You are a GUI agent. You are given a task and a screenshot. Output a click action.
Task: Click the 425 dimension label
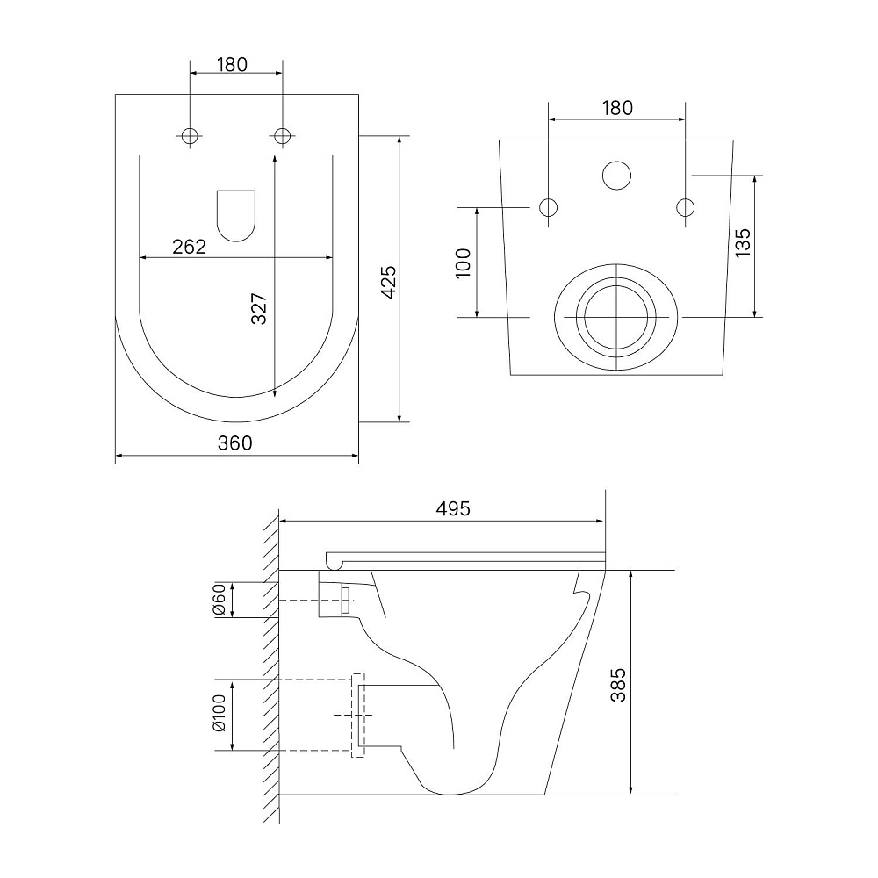389,282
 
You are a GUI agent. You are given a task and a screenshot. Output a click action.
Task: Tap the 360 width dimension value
235,443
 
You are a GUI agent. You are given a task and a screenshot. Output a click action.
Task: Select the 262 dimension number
190,247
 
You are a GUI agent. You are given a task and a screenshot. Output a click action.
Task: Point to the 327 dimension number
259,308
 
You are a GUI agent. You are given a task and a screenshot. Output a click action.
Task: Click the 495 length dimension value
453,508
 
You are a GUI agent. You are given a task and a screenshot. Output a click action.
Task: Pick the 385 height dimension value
618,685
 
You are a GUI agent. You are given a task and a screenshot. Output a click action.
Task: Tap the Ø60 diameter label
219,600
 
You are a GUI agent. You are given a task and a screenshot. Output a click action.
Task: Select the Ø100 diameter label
219,713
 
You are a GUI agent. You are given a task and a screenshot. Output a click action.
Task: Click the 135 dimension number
743,242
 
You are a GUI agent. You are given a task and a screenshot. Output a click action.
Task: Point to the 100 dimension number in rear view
464,263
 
